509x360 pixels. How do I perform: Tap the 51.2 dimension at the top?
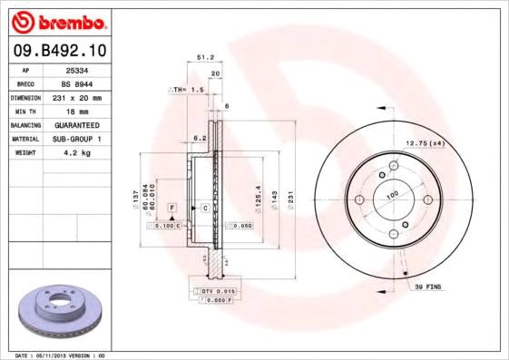pos(204,57)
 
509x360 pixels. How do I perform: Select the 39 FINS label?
pos(428,287)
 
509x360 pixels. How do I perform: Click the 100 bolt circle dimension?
pos(393,195)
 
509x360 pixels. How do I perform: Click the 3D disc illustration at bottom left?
pos(56,314)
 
